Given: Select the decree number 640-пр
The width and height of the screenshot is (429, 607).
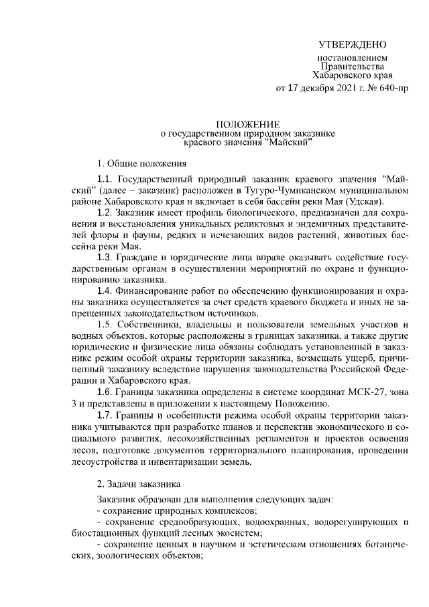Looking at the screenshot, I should tap(391, 89).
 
